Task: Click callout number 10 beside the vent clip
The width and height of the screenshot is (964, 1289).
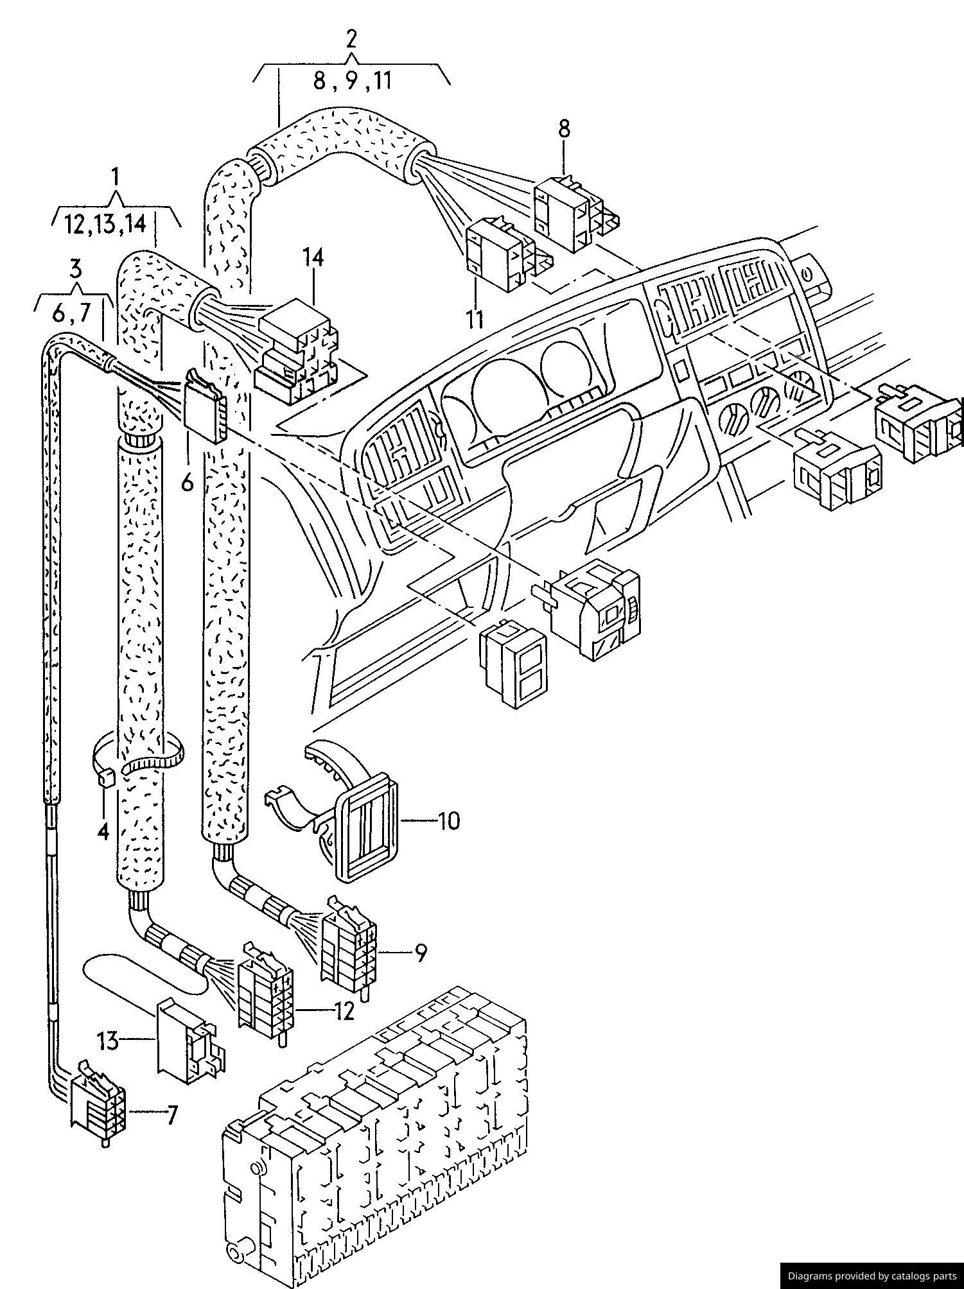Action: coord(449,820)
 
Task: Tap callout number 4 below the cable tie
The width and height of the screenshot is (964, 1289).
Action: coord(103,831)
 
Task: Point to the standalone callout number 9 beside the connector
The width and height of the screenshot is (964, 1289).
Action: coord(420,953)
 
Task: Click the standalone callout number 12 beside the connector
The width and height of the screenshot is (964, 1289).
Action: coord(344,1012)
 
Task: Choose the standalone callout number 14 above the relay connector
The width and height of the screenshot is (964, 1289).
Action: coord(314,258)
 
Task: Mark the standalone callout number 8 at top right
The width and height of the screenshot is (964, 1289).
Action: coord(563,128)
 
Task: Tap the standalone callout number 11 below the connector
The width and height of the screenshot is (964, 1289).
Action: coord(475,319)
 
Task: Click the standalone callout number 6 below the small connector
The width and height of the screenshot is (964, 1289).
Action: coord(187,481)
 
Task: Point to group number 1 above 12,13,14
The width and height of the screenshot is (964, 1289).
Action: coord(115,175)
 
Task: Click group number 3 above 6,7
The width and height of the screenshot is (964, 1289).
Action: coord(76,267)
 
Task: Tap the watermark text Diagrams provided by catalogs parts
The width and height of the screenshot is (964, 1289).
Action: coord(872,1276)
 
